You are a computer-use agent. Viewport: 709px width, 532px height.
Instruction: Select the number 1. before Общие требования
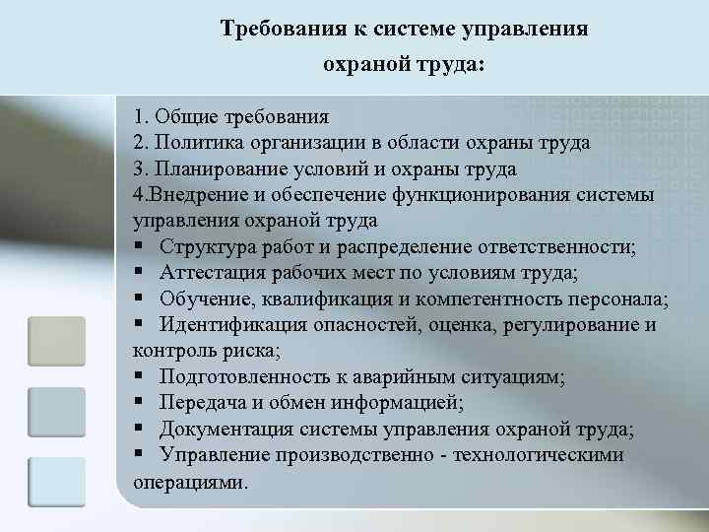[141, 116]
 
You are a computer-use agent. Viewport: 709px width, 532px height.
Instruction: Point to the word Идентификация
[229, 326]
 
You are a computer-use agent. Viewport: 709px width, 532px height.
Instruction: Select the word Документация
[224, 430]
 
